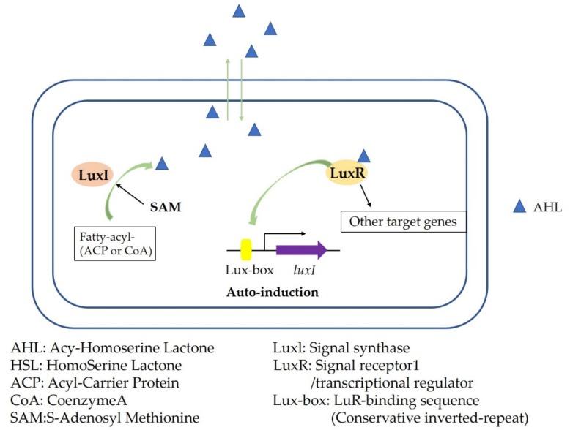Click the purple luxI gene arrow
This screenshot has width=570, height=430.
[x=301, y=250]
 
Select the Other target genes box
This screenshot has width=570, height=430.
[x=404, y=222]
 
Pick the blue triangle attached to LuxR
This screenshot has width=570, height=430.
[x=363, y=155]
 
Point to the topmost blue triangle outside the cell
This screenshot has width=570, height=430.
[x=238, y=11]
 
